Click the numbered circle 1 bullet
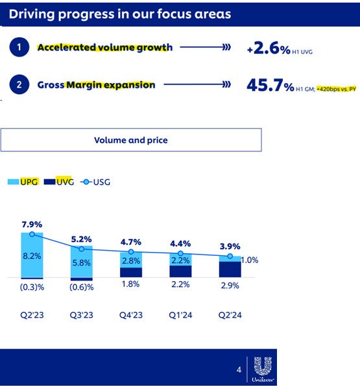19,47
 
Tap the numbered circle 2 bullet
19,84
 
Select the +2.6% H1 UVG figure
280,48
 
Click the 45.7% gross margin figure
270,85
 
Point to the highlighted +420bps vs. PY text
336,89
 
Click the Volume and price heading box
131,140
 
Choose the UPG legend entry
23,182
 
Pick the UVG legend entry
59,182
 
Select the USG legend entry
95,182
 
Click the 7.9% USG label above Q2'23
32,225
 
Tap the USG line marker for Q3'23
82,249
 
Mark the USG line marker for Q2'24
230,256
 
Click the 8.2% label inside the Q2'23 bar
32,256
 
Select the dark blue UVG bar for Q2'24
230,270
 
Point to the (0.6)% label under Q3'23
82,287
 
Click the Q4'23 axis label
131,315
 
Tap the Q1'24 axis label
180,315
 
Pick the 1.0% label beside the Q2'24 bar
250,260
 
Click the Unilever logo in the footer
263,370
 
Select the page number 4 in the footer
239,370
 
